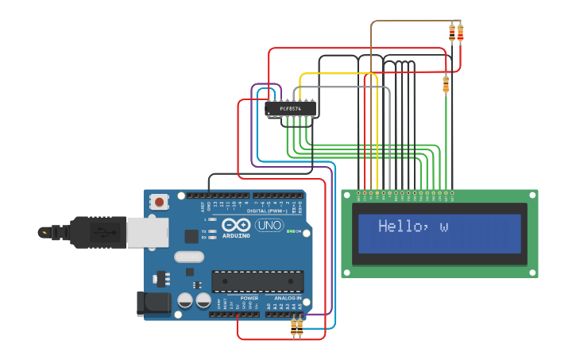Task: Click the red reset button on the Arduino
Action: pos(160,202)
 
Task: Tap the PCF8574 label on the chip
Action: pos(291,108)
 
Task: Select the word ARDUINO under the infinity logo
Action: pos(236,235)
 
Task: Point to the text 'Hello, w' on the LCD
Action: pos(413,226)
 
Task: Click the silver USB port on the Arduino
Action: pos(148,231)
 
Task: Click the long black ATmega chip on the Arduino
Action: pos(257,281)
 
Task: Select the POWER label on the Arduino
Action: pos(238,298)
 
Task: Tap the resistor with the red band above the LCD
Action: pos(460,33)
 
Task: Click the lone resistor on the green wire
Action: pos(446,84)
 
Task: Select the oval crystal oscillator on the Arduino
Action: pos(189,257)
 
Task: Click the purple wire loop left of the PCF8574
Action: pos(253,119)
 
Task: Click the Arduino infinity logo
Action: pos(236,224)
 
